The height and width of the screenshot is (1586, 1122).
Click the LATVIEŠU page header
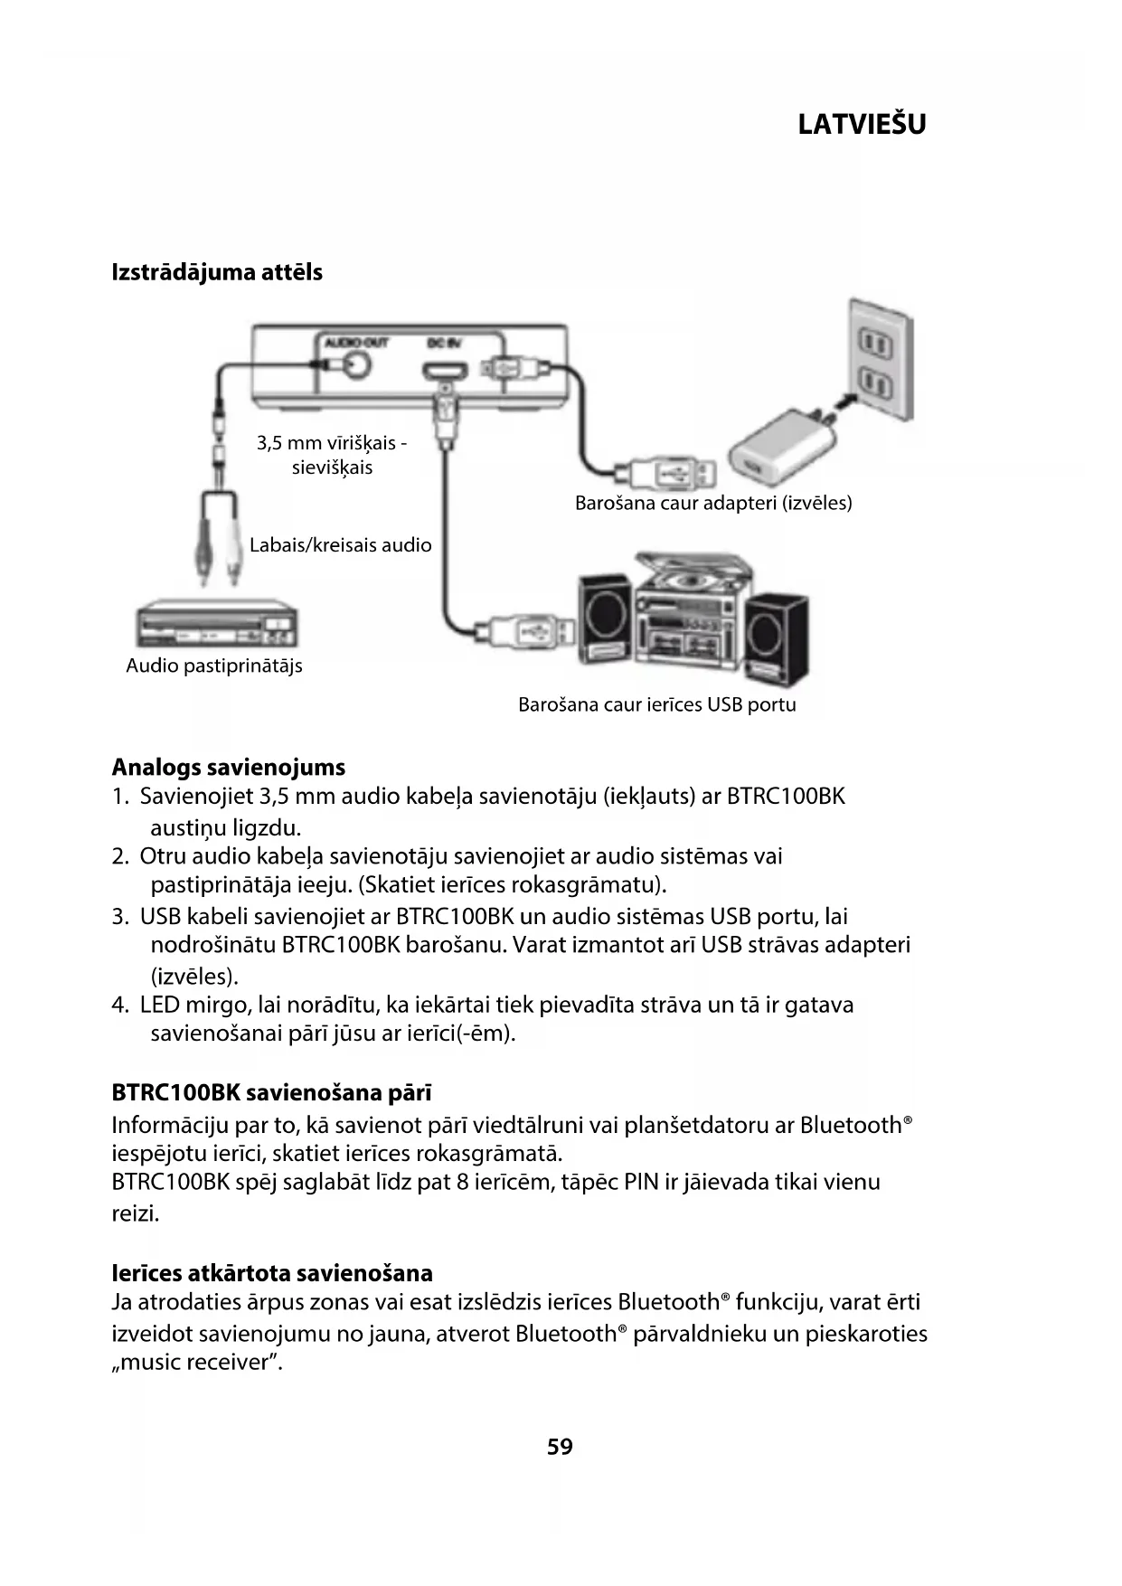point(862,124)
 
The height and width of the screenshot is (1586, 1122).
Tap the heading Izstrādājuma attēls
point(217,272)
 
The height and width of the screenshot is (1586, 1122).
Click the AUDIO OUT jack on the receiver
point(354,364)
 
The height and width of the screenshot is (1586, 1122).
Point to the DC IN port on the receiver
point(445,371)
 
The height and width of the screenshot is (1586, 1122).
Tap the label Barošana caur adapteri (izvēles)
point(713,503)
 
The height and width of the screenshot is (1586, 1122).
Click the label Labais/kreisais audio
point(340,545)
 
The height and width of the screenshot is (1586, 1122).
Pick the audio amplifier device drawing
point(217,625)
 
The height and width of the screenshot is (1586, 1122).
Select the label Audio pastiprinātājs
point(214,666)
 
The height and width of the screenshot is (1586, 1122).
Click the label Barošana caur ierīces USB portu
point(657,704)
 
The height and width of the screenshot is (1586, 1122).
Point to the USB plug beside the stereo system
point(524,628)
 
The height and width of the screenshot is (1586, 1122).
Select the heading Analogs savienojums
point(229,768)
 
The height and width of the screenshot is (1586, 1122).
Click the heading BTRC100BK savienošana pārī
point(272,1092)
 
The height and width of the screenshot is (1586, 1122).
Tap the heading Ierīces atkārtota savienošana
point(272,1273)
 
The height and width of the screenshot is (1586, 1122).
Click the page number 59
point(560,1447)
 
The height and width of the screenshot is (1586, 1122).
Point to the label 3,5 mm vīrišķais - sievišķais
point(332,455)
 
